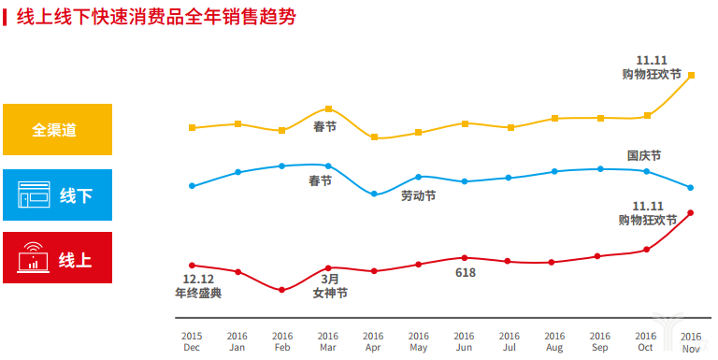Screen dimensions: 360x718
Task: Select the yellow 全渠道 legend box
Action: [x=57, y=129]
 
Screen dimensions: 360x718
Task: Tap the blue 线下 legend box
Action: [x=57, y=195]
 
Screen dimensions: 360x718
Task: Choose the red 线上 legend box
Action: [x=57, y=258]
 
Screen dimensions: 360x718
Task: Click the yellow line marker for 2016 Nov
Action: [x=691, y=75]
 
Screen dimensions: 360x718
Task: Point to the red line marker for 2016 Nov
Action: [x=691, y=213]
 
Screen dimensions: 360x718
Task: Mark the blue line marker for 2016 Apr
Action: [x=374, y=194]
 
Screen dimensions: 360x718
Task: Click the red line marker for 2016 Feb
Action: [x=282, y=290]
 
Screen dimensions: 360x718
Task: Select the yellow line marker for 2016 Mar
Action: [x=328, y=109]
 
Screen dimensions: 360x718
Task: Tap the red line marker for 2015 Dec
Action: [x=192, y=266]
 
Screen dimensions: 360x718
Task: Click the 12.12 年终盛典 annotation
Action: [x=198, y=286]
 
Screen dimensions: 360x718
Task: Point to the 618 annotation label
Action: [x=466, y=273]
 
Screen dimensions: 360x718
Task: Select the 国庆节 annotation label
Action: [x=644, y=155]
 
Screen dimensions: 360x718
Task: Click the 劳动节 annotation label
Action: [x=418, y=196]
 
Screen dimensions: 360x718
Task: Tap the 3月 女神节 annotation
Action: [x=330, y=286]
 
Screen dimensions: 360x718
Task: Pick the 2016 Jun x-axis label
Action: [x=465, y=342]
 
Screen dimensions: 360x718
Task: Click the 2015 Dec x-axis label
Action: [x=192, y=342]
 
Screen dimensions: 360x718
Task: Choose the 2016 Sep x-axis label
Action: [x=599, y=342]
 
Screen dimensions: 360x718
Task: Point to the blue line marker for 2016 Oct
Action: [x=646, y=171]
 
